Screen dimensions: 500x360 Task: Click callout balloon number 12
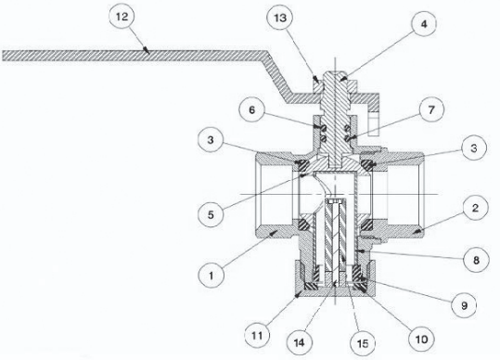pyautogui.click(x=122, y=17)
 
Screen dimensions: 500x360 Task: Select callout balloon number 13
pyautogui.click(x=280, y=18)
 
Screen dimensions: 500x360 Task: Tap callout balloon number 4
pyautogui.click(x=423, y=23)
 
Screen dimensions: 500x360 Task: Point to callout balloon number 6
pyautogui.click(x=252, y=110)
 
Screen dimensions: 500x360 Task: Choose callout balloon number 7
pyautogui.click(x=431, y=110)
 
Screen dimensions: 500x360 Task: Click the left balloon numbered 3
pyautogui.click(x=211, y=140)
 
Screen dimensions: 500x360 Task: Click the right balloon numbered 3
pyautogui.click(x=474, y=148)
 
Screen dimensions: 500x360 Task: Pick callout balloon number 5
pyautogui.click(x=211, y=214)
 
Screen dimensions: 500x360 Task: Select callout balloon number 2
pyautogui.click(x=475, y=209)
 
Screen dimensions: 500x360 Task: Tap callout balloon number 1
pyautogui.click(x=211, y=275)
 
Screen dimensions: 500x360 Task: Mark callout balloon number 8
pyautogui.click(x=476, y=261)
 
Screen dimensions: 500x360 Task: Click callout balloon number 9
pyautogui.click(x=464, y=305)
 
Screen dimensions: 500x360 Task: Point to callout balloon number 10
pyautogui.click(x=421, y=339)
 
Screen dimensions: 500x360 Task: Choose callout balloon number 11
pyautogui.click(x=257, y=336)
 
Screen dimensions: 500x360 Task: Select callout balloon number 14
pyautogui.click(x=299, y=342)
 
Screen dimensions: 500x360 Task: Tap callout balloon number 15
pyautogui.click(x=363, y=343)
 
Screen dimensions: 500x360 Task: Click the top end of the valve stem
pyautogui.click(x=335, y=71)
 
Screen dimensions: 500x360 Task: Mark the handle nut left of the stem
pyautogui.click(x=317, y=86)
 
